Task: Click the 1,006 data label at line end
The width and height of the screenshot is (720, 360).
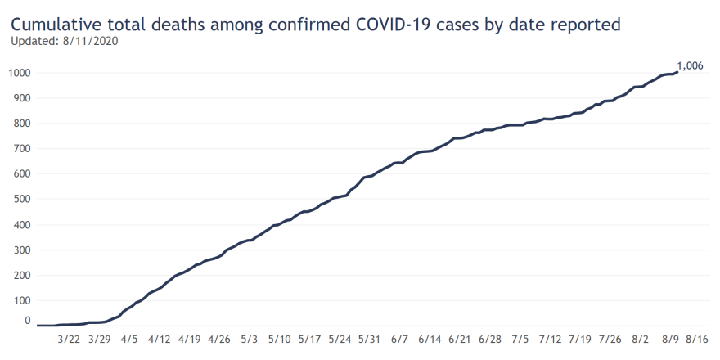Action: point(689,65)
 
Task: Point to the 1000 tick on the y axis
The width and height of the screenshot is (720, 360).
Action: point(20,73)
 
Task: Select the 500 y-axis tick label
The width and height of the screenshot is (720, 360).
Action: point(22,199)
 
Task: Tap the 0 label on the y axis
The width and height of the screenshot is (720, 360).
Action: point(28,321)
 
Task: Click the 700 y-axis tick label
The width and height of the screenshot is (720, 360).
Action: point(22,148)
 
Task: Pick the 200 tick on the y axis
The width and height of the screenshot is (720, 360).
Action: point(22,275)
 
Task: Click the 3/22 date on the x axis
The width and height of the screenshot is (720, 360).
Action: point(69,338)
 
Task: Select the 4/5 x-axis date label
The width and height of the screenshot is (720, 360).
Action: point(129,338)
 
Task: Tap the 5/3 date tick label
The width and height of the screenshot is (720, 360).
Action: point(250,338)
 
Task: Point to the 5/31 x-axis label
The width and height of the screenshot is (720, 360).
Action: point(370,338)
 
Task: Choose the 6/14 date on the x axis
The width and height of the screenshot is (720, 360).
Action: point(430,338)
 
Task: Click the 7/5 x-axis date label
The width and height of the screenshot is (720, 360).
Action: point(520,338)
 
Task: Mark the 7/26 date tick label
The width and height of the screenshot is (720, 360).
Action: point(610,338)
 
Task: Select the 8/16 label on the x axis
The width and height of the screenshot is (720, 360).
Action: point(697,338)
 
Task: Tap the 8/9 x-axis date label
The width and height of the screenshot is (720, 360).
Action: point(670,338)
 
